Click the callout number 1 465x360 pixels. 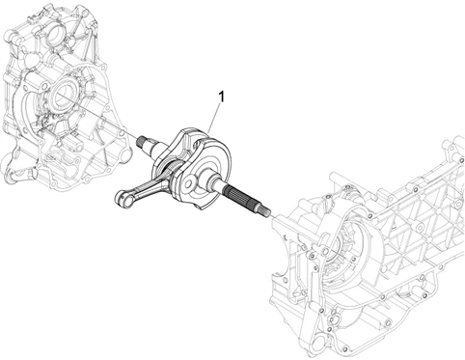[x=221, y=97]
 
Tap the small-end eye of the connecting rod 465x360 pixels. [x=123, y=198]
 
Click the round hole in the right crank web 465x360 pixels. [x=189, y=182]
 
